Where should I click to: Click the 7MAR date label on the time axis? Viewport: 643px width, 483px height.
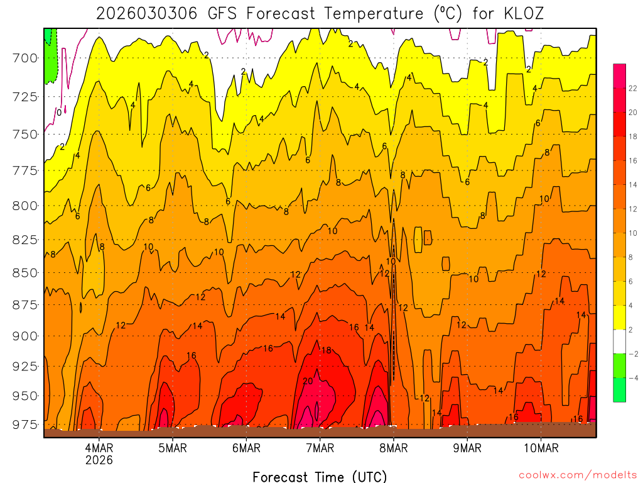[x=320, y=448]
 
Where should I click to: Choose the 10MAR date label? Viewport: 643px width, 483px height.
[x=541, y=448]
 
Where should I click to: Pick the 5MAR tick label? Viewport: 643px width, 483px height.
[x=173, y=448]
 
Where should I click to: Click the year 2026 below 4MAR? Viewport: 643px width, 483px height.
[x=99, y=460]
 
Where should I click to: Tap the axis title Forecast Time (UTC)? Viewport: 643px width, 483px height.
[x=320, y=476]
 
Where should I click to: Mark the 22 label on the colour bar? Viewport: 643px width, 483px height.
[x=631, y=89]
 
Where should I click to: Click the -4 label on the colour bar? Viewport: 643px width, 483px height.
[x=631, y=378]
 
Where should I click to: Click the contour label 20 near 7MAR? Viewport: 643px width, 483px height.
[x=308, y=381]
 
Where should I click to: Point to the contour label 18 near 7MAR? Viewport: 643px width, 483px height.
[x=326, y=350]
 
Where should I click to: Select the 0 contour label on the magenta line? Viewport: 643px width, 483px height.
[x=58, y=113]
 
